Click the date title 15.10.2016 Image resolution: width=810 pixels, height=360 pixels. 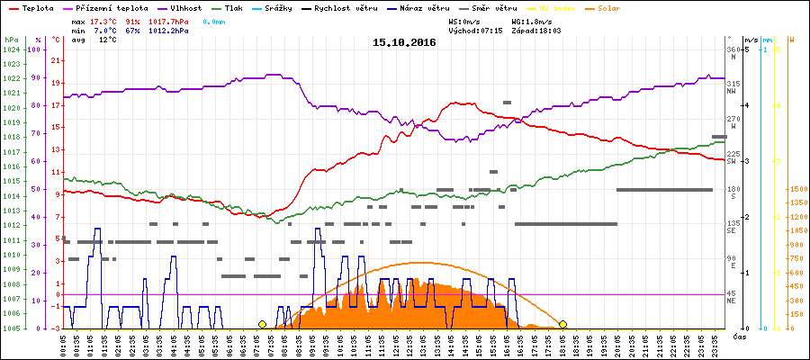(x=404, y=42)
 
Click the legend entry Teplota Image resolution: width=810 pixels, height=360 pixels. (x=35, y=8)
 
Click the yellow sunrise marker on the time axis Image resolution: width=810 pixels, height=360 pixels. (x=262, y=324)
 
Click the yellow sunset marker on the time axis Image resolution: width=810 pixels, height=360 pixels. (x=563, y=324)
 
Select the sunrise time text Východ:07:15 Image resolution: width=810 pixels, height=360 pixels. (x=476, y=31)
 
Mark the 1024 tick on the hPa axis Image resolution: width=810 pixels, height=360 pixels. (x=12, y=50)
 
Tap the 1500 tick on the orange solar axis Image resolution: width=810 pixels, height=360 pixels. (x=796, y=190)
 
